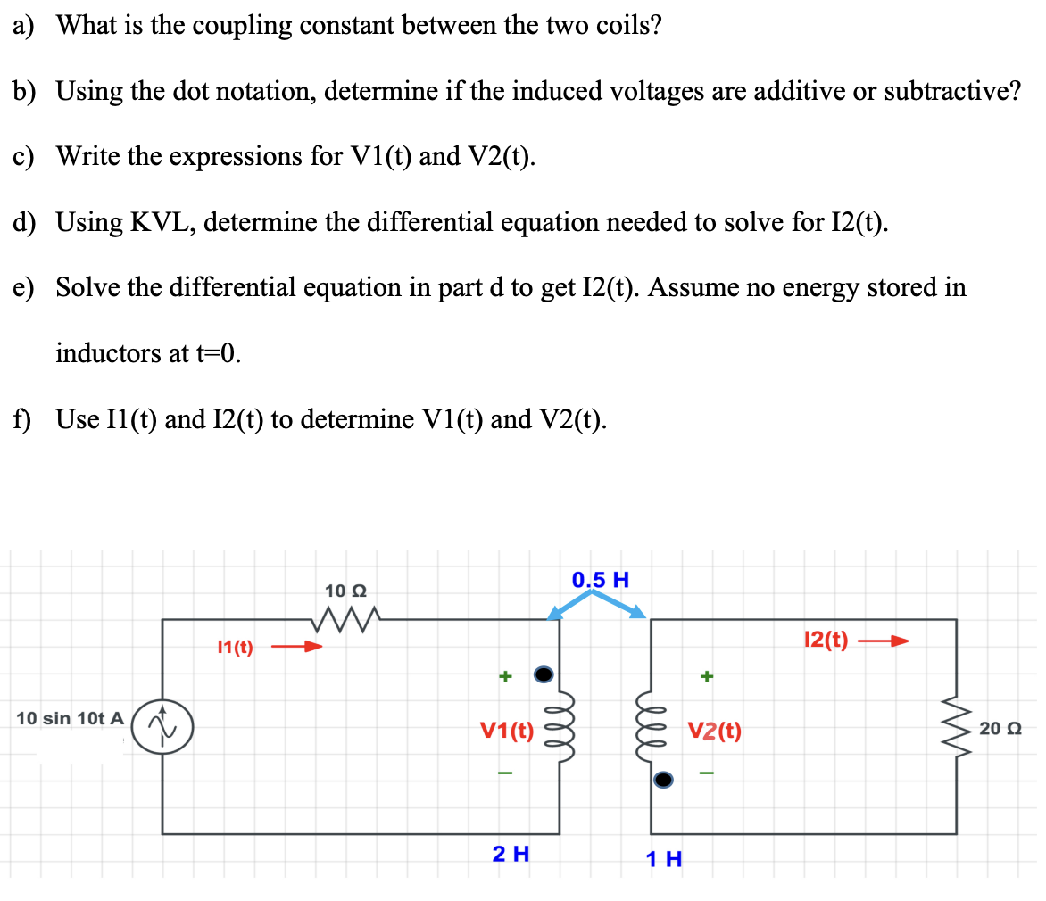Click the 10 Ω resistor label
click(x=345, y=591)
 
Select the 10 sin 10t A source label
click(x=70, y=718)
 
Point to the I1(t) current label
click(x=235, y=648)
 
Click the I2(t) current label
click(x=826, y=641)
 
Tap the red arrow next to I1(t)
click(x=295, y=647)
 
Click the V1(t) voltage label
click(x=507, y=732)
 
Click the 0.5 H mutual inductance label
click(x=601, y=580)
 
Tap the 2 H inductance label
click(x=511, y=854)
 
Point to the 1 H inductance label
click(x=664, y=859)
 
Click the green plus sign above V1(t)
click(x=504, y=678)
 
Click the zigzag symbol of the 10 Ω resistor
click(x=345, y=616)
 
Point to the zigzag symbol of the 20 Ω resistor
click(x=957, y=728)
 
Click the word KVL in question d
click(x=161, y=221)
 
